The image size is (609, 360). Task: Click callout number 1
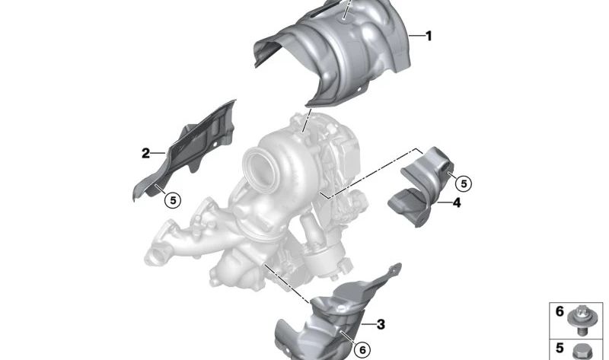coord(429,35)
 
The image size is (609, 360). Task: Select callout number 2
coord(145,153)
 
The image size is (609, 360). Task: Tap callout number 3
coord(381,324)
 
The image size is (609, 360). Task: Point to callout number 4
coord(456,202)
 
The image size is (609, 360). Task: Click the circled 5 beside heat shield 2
coord(173,200)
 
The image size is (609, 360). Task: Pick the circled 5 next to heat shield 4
coord(464,183)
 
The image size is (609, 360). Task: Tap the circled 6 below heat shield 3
coord(362,349)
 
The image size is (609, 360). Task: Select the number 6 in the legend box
coord(560,311)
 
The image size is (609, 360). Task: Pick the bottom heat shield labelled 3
coord(327,320)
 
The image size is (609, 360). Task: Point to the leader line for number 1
coord(416,36)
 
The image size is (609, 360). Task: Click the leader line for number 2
coord(159,154)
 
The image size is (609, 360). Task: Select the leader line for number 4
coord(444,202)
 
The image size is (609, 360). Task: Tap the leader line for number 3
coord(368,324)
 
